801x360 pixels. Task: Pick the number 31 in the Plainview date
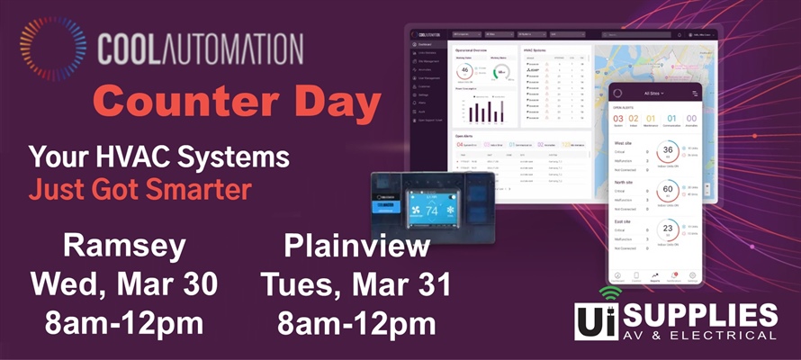click(x=428, y=283)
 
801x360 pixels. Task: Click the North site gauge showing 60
click(x=668, y=191)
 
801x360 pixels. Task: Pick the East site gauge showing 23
click(x=668, y=229)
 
